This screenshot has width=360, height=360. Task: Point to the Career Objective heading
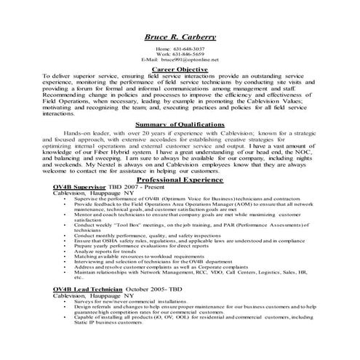(180, 69)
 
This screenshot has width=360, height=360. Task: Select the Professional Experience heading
(180, 177)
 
